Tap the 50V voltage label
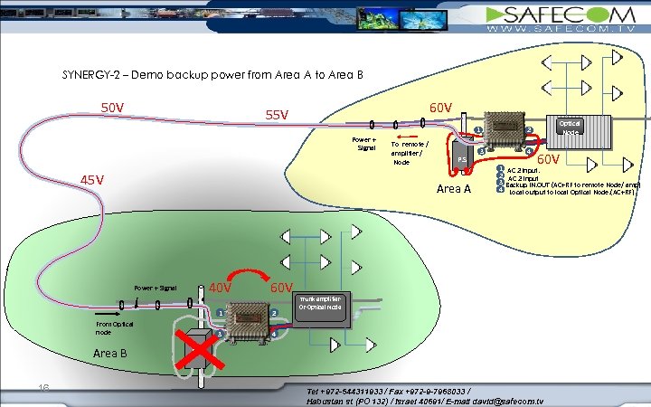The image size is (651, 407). point(112,108)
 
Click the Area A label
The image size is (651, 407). point(454,188)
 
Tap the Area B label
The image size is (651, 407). point(110,353)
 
